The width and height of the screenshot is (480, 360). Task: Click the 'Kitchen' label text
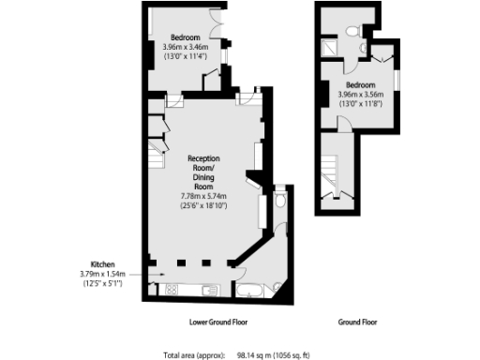pyautogui.click(x=101, y=263)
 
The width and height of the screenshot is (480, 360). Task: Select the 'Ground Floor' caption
pyautogui.click(x=359, y=322)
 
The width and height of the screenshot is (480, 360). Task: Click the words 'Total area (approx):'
pyautogui.click(x=193, y=355)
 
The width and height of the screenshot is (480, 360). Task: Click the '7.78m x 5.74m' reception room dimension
pyautogui.click(x=204, y=195)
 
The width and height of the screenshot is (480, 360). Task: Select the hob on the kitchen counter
pyautogui.click(x=173, y=289)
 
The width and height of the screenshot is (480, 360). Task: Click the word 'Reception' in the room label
pyautogui.click(x=204, y=159)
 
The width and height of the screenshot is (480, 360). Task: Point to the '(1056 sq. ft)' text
pyautogui.click(x=308, y=355)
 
